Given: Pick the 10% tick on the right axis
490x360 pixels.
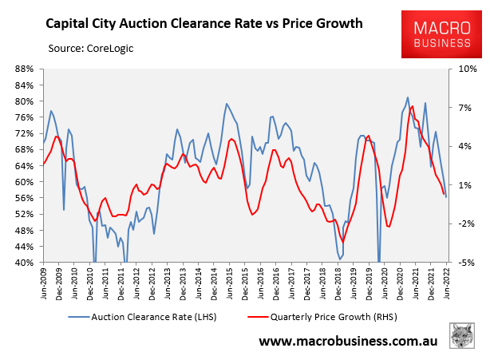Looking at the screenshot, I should point(465,69).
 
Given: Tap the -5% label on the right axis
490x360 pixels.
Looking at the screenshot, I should point(465,262).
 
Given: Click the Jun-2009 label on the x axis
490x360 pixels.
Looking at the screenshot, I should point(44,283).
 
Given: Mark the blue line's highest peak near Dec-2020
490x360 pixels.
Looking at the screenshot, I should point(408,97).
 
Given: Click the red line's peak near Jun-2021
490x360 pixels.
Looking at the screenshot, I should point(412,106).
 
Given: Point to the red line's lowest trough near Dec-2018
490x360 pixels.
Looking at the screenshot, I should point(343,241).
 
